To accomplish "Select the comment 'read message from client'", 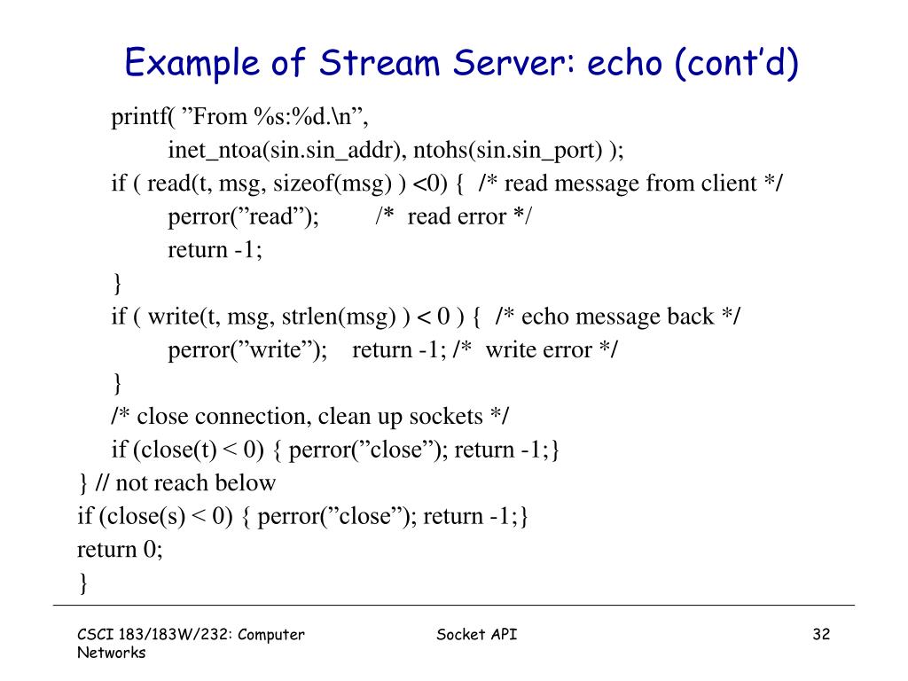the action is point(630,184).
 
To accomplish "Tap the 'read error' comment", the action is point(453,216).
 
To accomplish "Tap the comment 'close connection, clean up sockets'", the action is point(310,417).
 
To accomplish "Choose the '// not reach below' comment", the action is point(186,483).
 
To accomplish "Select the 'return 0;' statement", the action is point(121,550).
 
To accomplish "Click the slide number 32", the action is point(820,634).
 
